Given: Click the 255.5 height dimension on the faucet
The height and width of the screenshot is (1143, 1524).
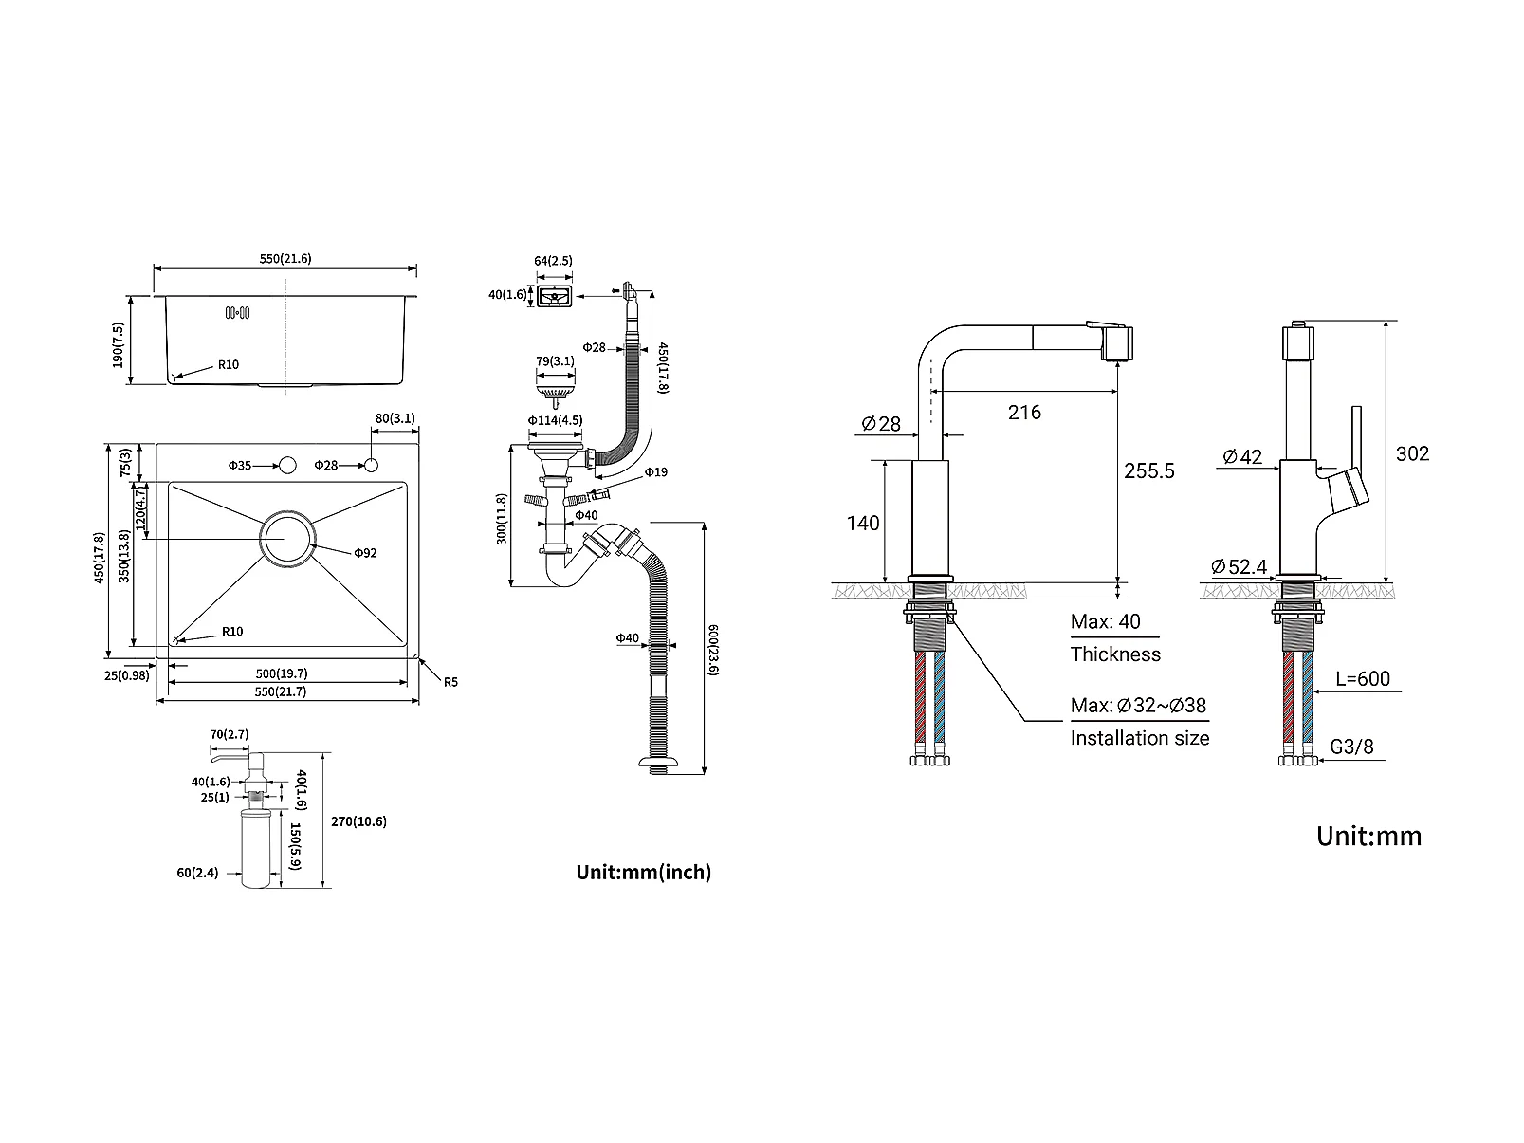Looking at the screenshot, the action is coord(1149,470).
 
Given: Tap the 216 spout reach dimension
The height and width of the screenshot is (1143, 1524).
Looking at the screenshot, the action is coord(1024,413).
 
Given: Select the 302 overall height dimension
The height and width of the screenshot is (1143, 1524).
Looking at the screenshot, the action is coord(1412,453).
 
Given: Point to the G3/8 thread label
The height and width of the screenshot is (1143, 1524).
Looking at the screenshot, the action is coord(1351,747).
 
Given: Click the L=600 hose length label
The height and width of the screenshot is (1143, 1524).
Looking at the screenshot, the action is coord(1362,678).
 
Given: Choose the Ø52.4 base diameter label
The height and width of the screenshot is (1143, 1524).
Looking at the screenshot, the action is coord(1239,567).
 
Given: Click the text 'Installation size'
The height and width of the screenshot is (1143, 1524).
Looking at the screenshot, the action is coord(1139,737).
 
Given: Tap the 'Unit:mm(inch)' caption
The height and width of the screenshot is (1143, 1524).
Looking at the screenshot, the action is coord(644,872).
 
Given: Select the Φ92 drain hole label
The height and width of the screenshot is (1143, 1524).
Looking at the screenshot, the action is coord(365,553).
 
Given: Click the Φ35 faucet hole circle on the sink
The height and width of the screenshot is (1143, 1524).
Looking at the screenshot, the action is coord(286,465).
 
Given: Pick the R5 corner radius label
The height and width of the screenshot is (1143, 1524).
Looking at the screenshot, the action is coord(450,682).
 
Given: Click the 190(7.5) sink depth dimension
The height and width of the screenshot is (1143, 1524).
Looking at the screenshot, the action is coord(118,345).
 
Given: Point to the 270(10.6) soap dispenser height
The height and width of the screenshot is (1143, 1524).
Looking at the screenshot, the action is coord(358,821).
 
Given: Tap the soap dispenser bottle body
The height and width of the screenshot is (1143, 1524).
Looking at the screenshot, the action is coord(255,848).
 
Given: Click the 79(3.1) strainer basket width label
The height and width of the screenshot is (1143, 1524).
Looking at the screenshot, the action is coord(555,361).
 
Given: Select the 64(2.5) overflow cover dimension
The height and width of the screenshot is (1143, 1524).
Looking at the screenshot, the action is coord(553,261).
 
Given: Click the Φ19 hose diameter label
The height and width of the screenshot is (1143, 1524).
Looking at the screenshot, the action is coord(655,472).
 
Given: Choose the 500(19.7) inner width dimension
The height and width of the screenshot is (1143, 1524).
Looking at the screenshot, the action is coord(282,673).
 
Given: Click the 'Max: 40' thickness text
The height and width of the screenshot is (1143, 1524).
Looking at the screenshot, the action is coord(1106,621).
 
